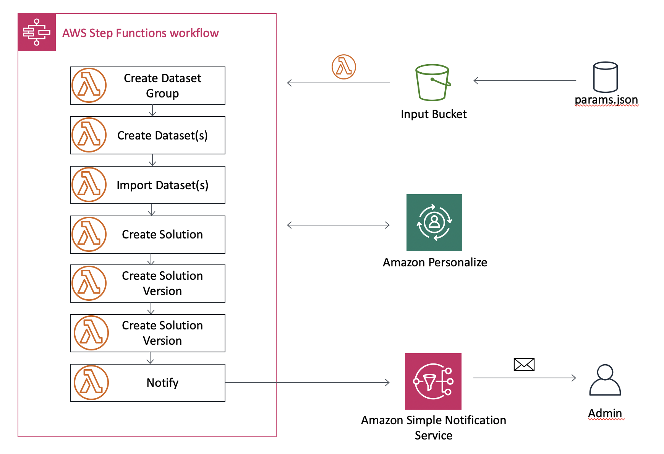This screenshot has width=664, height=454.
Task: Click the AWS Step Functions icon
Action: [x=37, y=32]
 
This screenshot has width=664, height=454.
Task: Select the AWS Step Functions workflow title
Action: [x=141, y=33]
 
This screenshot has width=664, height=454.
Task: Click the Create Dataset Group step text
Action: [x=162, y=86]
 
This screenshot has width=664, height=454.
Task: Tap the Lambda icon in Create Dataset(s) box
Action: [x=89, y=135]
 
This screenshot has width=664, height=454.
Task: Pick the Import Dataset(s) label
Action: [x=162, y=185]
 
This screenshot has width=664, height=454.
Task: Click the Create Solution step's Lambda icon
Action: [x=89, y=234]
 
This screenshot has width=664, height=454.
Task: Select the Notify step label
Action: [x=162, y=383]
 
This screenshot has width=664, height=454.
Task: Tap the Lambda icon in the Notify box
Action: [x=91, y=383]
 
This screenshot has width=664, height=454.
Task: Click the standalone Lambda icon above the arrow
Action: [x=344, y=67]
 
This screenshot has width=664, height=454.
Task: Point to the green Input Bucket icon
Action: [x=433, y=82]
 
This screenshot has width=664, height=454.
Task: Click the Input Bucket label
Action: [x=434, y=114]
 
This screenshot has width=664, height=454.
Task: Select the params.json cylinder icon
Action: [x=605, y=77]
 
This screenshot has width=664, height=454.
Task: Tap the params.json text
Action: [x=606, y=100]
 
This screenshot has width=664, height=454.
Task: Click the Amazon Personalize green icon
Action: [x=434, y=222]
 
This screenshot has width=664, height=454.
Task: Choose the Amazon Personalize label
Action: [x=435, y=262]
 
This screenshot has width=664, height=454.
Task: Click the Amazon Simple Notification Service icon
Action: [x=433, y=381]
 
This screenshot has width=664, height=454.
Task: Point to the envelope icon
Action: [x=524, y=365]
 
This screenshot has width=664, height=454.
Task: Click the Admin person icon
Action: [x=605, y=380]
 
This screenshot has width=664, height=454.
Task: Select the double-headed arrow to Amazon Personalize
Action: [x=338, y=225]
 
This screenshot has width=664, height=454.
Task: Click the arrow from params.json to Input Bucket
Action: [x=525, y=81]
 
